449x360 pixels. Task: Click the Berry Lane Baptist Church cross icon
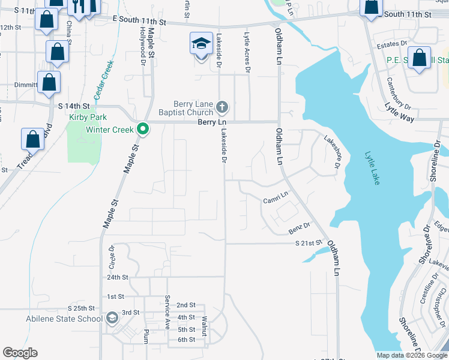pos(222,107)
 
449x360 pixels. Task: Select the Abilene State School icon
pos(112,318)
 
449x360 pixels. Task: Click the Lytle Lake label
pos(372,167)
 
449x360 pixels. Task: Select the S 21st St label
pos(309,243)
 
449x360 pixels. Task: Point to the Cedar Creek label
pos(103,80)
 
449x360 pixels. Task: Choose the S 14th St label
pos(74,106)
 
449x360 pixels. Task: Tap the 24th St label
pos(118,277)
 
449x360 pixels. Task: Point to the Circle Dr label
pos(112,256)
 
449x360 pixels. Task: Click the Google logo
pos(20,353)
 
